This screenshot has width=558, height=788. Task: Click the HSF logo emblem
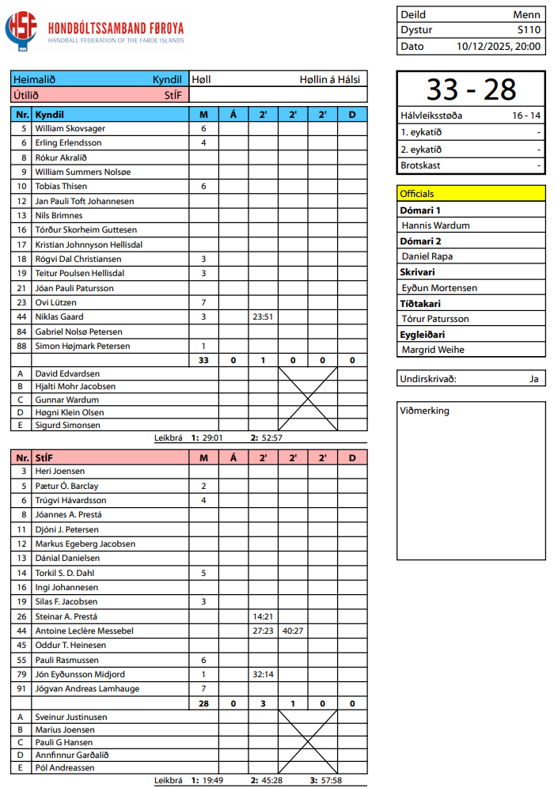point(21,30)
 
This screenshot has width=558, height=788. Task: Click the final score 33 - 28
point(471,89)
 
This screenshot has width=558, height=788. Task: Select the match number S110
point(529,30)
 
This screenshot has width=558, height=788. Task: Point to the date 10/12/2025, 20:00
point(499,46)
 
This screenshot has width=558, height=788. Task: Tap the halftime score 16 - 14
point(526,116)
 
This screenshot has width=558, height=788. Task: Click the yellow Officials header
point(471,193)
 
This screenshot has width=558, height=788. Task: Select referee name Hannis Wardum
point(435,225)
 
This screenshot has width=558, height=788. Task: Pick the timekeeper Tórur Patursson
point(435,319)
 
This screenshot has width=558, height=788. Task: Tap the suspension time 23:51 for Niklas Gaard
point(263,316)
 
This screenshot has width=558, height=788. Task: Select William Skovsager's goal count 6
point(203,128)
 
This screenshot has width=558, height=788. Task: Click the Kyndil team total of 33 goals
point(203,360)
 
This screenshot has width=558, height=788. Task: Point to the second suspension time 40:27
point(293,631)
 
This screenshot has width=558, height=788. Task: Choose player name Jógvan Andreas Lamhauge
point(87,688)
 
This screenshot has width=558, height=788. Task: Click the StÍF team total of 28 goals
point(203,703)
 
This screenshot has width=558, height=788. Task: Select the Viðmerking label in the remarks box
point(425,411)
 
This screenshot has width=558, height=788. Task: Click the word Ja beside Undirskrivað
point(534,379)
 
